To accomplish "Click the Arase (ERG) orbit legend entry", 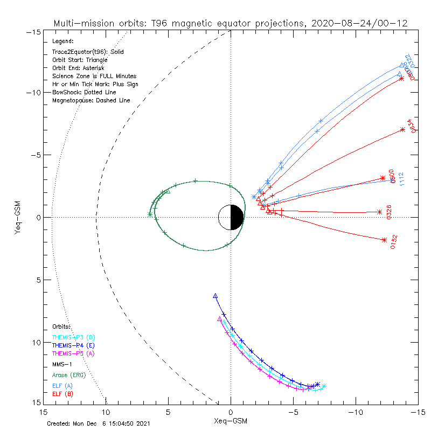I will click(68, 374).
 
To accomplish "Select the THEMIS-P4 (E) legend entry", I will click(73, 345).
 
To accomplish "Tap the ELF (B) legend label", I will click(62, 394).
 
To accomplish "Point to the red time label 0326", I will click(389, 212).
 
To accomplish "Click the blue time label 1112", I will click(401, 179).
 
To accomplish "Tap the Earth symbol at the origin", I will click(231, 217).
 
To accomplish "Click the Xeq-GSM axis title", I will click(231, 420).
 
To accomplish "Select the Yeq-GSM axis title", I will click(17, 217).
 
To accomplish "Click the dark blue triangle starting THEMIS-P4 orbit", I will click(215, 296).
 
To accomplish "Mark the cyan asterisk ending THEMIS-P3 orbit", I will click(324, 386).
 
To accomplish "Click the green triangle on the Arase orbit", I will click(167, 191).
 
